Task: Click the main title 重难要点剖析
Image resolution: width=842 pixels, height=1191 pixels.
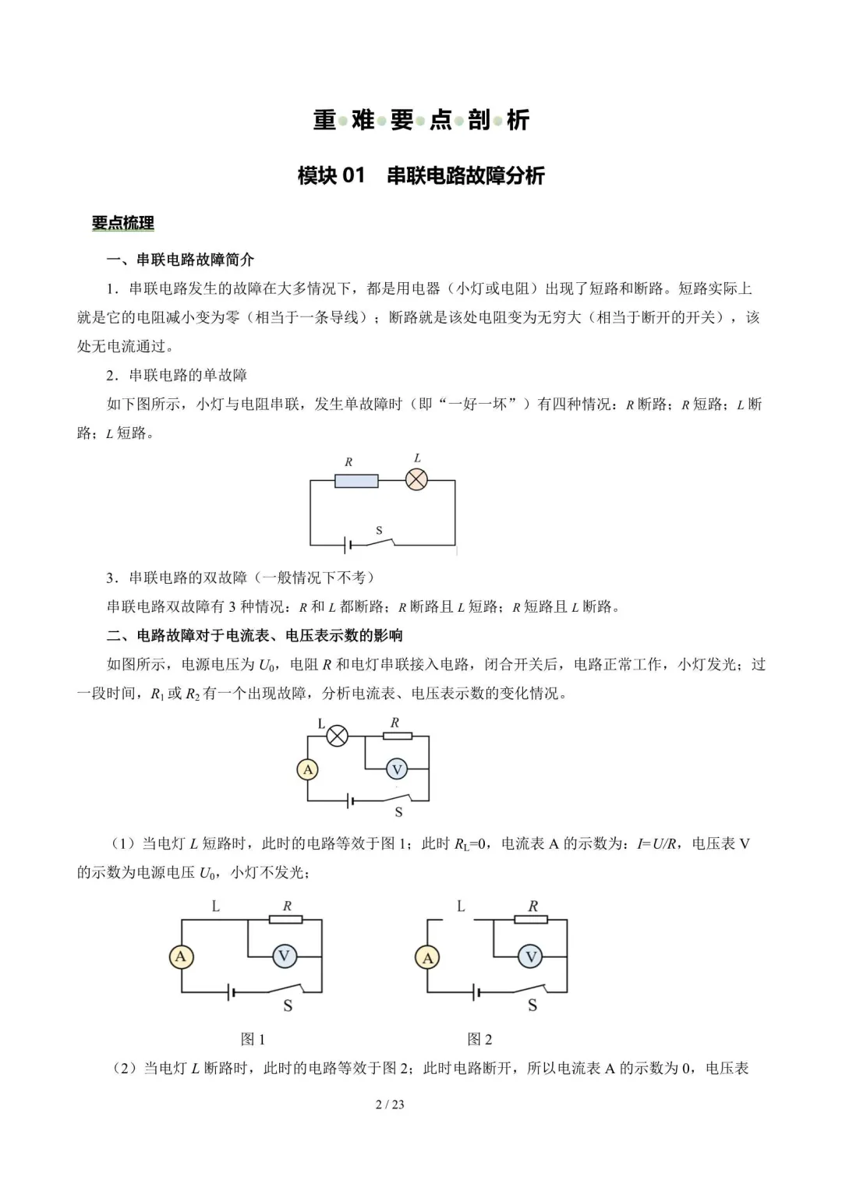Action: pos(421,120)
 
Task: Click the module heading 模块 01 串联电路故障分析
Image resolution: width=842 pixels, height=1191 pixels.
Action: pos(421,175)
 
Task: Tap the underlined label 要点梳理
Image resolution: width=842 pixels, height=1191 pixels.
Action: pos(123,223)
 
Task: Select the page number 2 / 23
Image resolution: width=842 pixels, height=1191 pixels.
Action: pos(390,1104)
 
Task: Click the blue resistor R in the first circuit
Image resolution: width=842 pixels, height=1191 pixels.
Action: pos(356,481)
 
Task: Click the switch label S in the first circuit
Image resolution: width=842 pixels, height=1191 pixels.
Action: pos(380,531)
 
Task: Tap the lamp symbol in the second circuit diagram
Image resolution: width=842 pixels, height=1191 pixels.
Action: pos(337,736)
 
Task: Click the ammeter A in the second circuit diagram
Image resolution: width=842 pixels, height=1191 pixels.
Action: pos(308,770)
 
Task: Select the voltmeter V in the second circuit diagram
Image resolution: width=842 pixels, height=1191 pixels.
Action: pos(397,770)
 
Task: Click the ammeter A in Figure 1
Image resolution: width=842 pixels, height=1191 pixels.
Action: pos(181,956)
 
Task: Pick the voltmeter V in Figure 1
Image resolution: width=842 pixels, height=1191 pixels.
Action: pos(284,956)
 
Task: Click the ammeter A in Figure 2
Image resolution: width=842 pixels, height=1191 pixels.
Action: pos(427,957)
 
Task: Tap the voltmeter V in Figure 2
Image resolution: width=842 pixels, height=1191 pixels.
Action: pos(531,957)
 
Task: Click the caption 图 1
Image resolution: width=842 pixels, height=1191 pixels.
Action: pos(253,1039)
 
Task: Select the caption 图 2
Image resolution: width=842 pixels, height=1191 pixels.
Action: pos(479,1039)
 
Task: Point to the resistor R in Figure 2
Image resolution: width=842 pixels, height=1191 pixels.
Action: pos(531,920)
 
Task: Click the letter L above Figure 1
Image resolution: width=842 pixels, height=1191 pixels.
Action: pos(216,906)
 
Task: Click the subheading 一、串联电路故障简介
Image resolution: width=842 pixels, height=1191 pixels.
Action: pos(180,260)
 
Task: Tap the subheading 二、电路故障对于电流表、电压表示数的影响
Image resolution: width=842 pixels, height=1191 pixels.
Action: pos(254,635)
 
